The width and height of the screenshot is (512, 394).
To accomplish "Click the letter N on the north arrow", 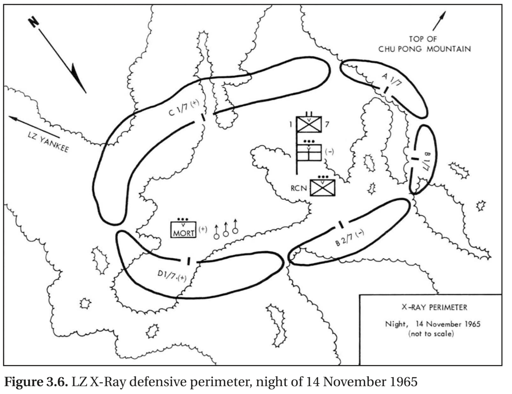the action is click(x=34, y=22).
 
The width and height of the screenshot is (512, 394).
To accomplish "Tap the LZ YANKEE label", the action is click(x=48, y=142).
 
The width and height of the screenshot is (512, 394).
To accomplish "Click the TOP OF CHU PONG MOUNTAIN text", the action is click(x=424, y=44).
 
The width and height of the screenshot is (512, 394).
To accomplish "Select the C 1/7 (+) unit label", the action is click(x=184, y=108).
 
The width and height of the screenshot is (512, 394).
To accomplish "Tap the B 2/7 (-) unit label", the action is click(x=350, y=238).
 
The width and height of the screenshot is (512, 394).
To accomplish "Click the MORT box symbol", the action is click(x=183, y=229).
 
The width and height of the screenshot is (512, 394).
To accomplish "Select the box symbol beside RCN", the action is click(x=322, y=188).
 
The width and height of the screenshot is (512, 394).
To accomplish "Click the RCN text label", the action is click(x=299, y=188).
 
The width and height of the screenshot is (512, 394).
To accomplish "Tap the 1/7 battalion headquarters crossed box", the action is click(x=309, y=124).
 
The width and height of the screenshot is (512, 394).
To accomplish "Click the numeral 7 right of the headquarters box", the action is click(x=327, y=124).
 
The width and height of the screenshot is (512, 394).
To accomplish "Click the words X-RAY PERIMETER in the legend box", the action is click(x=434, y=307).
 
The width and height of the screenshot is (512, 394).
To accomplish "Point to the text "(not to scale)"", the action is click(x=431, y=334).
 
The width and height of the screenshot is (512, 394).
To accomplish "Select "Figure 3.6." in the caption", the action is click(x=36, y=382).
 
